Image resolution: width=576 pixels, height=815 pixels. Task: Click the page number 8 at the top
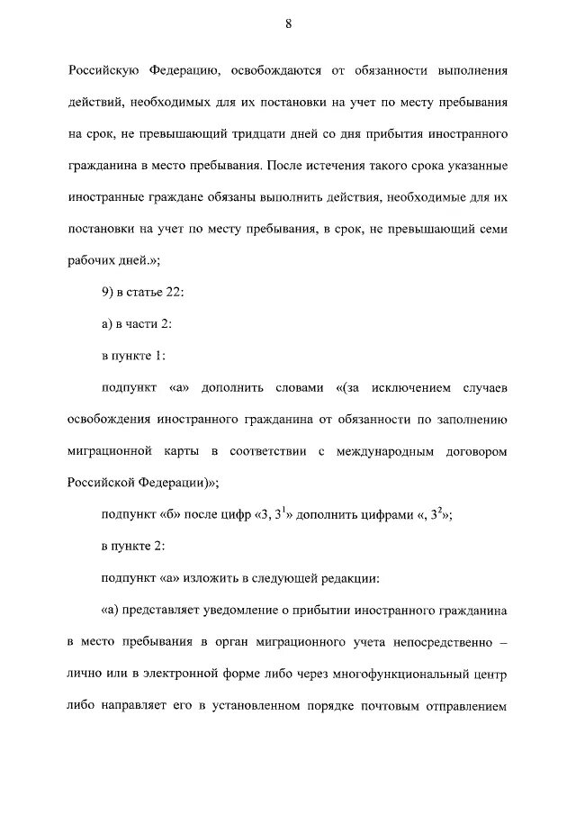(288, 24)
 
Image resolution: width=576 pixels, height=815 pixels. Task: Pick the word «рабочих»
(91, 263)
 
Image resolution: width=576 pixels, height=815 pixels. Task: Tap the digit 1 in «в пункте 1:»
(159, 356)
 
